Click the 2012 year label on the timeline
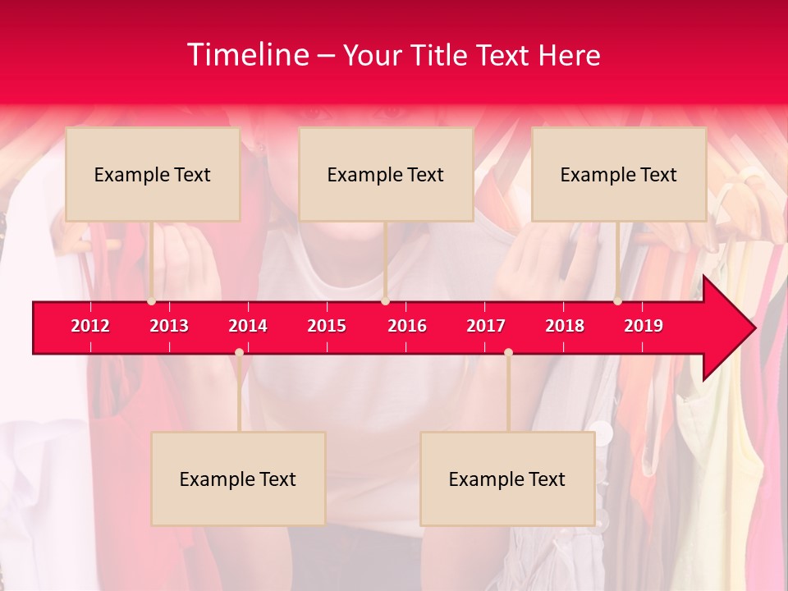90,326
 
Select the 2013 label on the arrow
169,326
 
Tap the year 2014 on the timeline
248,326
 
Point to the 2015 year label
327,326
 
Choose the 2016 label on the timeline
407,326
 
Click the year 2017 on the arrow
486,326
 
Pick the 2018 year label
565,326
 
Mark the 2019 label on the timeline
644,326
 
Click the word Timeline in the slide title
248,55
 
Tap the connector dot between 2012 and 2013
151,301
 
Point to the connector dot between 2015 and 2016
385,301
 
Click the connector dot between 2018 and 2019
618,301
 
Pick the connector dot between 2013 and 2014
239,352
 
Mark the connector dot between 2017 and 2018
508,352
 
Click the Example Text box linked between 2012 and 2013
153,174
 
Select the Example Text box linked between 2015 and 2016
386,174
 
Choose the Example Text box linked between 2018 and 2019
619,174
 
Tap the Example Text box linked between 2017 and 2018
507,479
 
